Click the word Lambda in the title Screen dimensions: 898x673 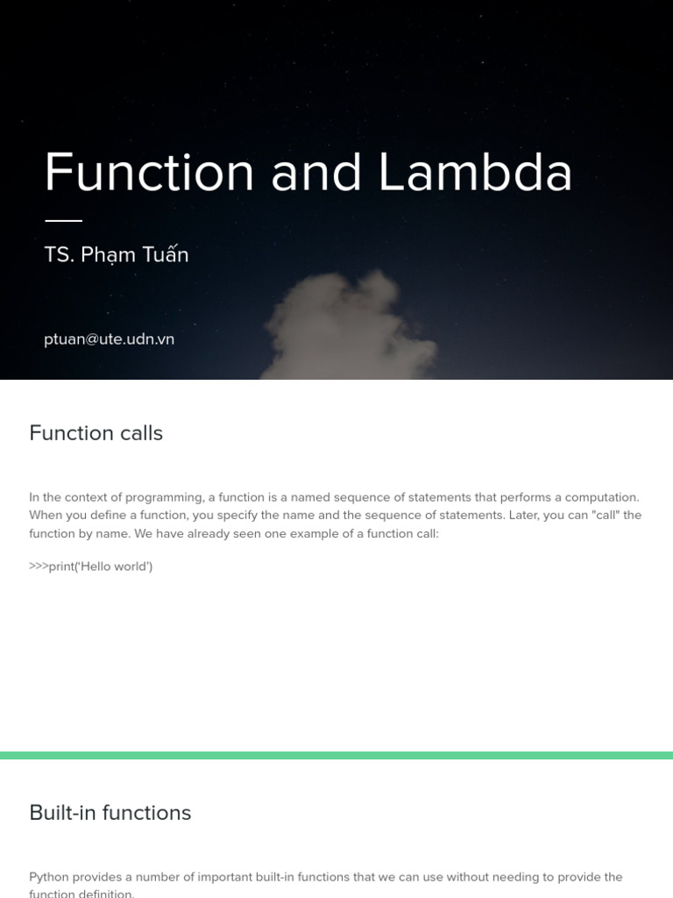pyautogui.click(x=475, y=172)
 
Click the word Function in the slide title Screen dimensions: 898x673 pyautogui.click(x=149, y=172)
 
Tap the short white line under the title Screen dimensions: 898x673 pyautogui.click(x=63, y=220)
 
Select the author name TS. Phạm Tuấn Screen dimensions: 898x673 pyautogui.click(x=117, y=255)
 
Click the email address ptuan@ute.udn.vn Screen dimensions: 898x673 pyautogui.click(x=110, y=339)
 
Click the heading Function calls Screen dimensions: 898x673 pyautogui.click(x=96, y=433)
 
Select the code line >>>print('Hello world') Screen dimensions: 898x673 pyautogui.click(x=91, y=567)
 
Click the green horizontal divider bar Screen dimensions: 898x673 pyautogui.click(x=336, y=755)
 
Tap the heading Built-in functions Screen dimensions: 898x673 pyautogui.click(x=110, y=813)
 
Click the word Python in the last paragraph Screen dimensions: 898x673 pyautogui.click(x=49, y=877)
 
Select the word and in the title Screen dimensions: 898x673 pyautogui.click(x=316, y=172)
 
